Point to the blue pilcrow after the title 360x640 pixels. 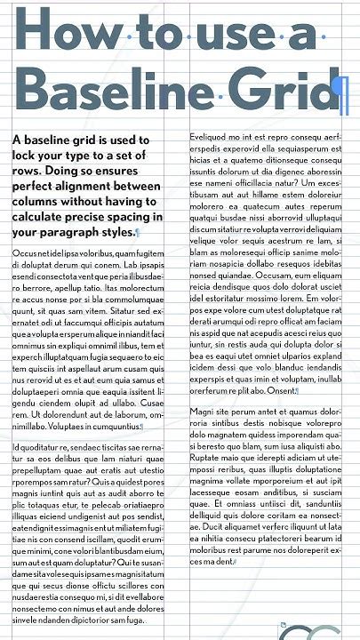tap(335, 96)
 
